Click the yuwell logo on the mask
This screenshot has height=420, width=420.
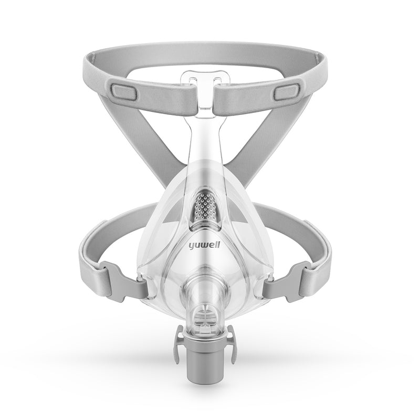click(204, 245)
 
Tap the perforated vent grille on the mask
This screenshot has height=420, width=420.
click(205, 206)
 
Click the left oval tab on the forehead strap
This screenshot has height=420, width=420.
click(124, 92)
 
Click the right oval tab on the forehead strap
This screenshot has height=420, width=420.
click(287, 92)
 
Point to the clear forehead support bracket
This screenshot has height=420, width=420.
click(205, 91)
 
